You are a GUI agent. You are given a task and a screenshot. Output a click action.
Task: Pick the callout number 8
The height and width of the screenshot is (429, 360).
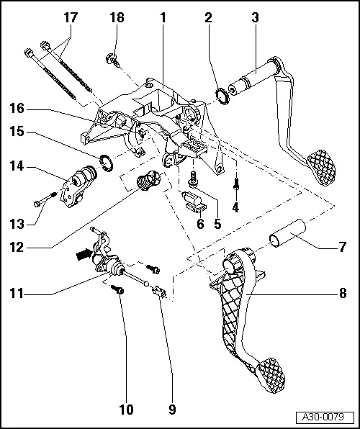point(343,292)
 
